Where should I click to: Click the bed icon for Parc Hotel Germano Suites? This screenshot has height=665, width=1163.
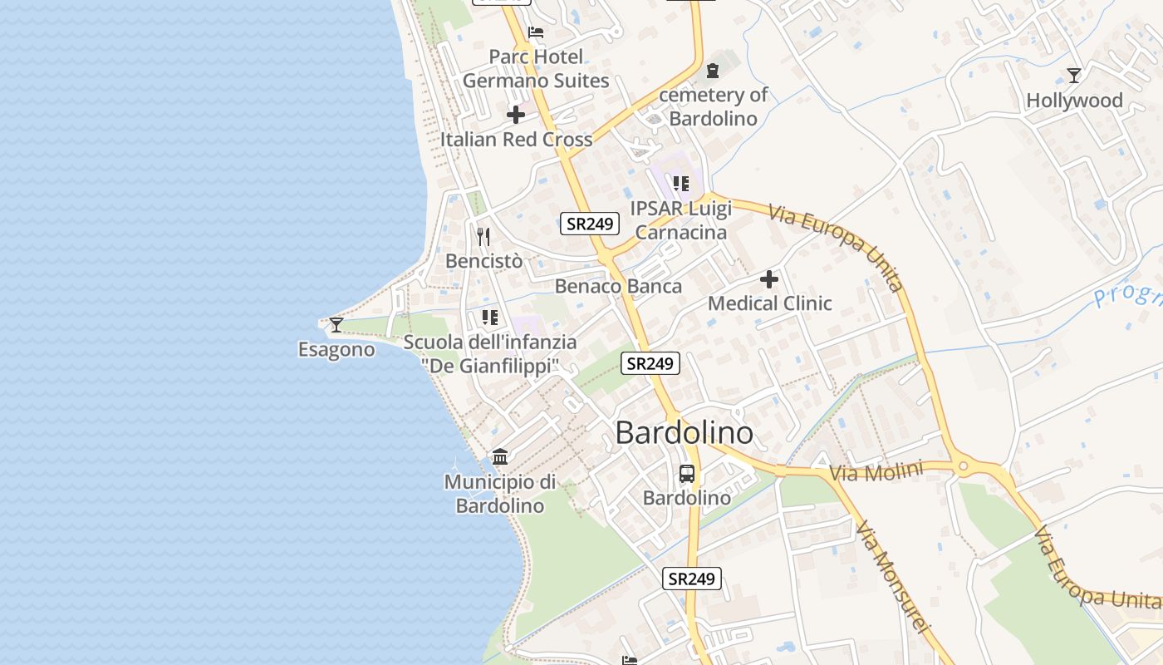[536, 32]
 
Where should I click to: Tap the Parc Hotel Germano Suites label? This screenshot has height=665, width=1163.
[536, 69]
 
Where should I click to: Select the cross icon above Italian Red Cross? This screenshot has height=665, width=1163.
[516, 115]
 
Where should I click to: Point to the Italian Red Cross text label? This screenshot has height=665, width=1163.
[516, 140]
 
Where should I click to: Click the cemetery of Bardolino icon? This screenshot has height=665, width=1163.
[712, 71]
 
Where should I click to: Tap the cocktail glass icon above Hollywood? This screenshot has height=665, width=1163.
[1074, 76]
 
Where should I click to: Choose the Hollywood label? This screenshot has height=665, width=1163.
[1074, 101]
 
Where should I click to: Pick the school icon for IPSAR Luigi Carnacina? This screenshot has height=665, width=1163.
[681, 183]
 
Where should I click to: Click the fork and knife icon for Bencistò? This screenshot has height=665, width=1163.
[484, 237]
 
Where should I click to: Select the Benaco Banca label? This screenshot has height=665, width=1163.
[618, 287]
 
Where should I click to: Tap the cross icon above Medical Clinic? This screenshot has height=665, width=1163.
[769, 279]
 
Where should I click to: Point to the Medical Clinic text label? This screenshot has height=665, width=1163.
[769, 303]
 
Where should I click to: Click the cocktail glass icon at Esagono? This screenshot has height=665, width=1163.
[336, 324]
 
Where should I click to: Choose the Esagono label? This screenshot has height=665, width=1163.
[336, 350]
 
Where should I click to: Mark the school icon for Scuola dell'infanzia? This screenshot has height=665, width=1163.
[490, 318]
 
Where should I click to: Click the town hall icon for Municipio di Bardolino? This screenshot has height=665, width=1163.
[500, 456]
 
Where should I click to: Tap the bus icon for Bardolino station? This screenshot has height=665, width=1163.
[687, 474]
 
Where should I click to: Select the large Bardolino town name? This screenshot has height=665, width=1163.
[685, 433]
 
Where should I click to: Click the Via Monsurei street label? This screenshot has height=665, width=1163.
[891, 578]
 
